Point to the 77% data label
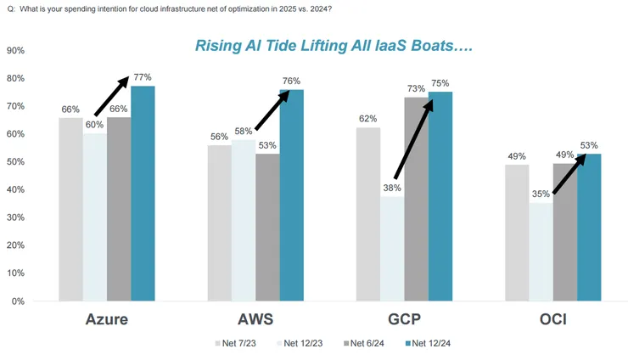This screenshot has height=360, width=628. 142,77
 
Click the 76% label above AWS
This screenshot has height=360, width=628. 291,82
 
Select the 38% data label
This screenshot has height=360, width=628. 391,188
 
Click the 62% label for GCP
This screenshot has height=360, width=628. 368,120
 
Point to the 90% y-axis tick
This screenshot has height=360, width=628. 14,50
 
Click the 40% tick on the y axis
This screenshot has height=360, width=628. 14,189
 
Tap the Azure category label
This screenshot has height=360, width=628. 107,321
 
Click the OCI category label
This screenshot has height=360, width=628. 553,321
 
